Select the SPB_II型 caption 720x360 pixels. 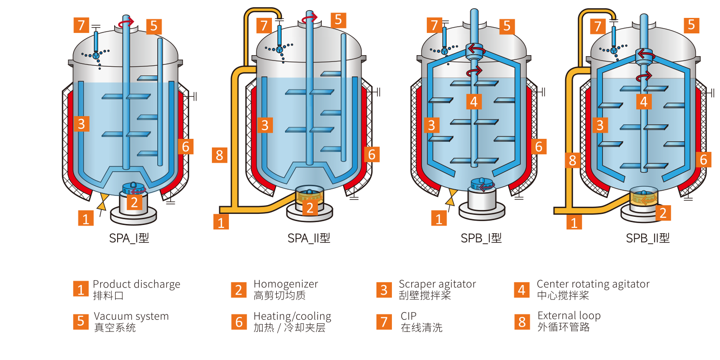pyautogui.click(x=647, y=238)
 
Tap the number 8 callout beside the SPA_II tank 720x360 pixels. pyautogui.click(x=220, y=155)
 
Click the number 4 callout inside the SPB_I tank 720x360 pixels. pyautogui.click(x=474, y=101)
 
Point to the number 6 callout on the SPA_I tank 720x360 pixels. pyautogui.click(x=185, y=146)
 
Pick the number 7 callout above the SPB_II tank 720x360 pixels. pyautogui.click(x=598, y=26)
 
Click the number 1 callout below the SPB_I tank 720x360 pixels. pyautogui.click(x=438, y=219)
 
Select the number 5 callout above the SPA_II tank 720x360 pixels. pyautogui.click(x=338, y=20)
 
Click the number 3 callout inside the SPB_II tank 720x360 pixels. pyautogui.click(x=600, y=125)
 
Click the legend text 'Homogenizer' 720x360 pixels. pyautogui.click(x=285, y=284)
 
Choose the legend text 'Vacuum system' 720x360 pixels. pyautogui.click(x=131, y=316)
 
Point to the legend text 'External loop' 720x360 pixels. pyautogui.click(x=569, y=316)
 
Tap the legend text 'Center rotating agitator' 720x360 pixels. pyautogui.click(x=593, y=284)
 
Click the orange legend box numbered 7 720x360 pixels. pyautogui.click(x=384, y=321)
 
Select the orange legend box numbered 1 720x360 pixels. pyautogui.click(x=80, y=289)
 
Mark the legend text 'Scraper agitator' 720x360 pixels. pyautogui.click(x=437, y=284)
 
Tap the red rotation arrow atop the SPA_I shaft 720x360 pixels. pyautogui.click(x=127, y=21)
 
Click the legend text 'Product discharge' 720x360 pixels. pyautogui.click(x=136, y=284)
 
